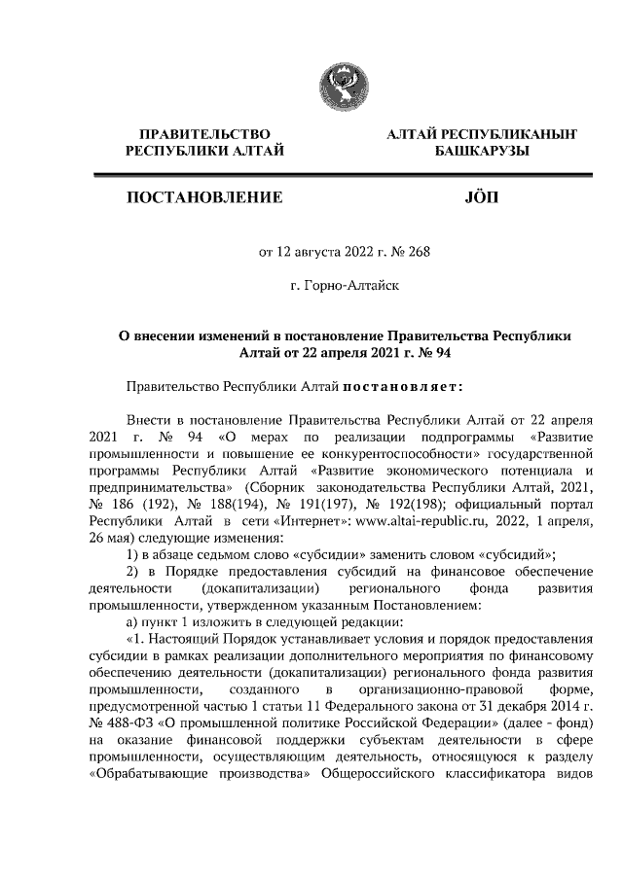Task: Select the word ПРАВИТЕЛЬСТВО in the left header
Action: click(x=204, y=133)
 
